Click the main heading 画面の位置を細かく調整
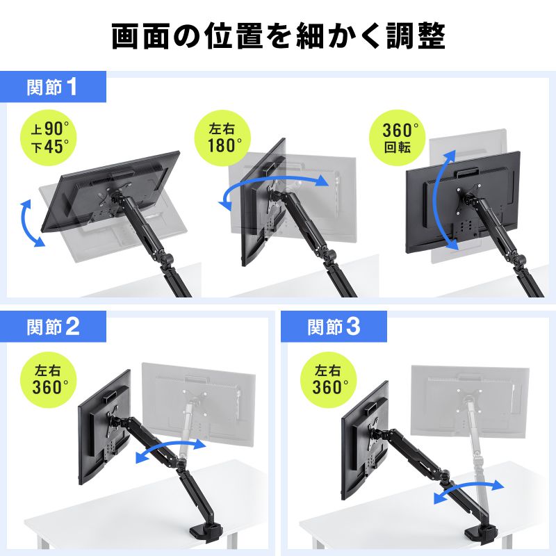(x=278, y=37)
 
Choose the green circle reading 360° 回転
(x=401, y=137)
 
